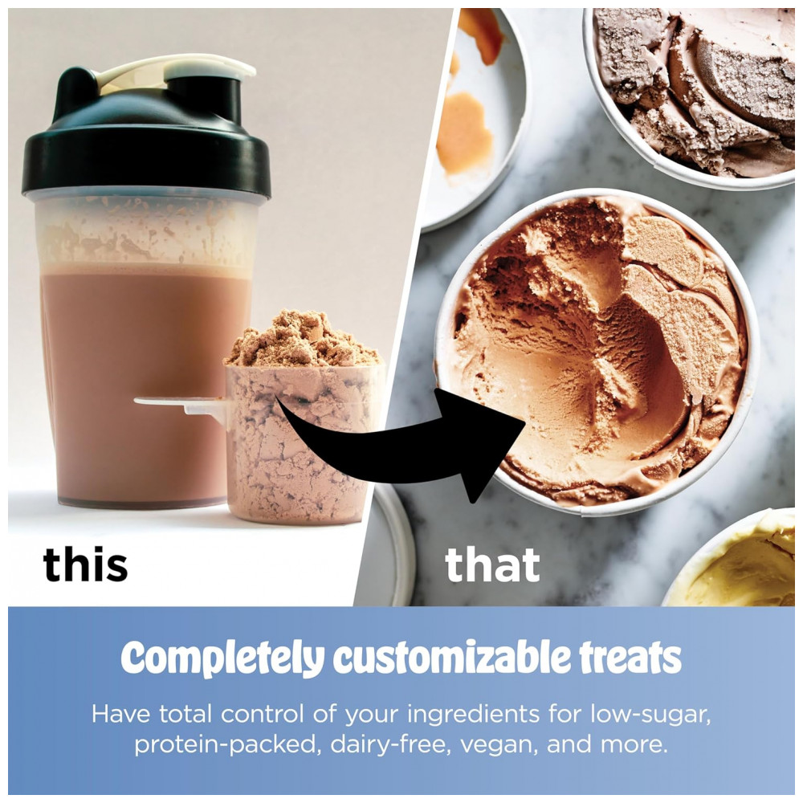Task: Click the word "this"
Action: [x=85, y=565]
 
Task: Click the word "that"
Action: [x=492, y=565]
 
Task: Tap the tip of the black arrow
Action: [x=525, y=422]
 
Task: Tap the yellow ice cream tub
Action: [x=737, y=560]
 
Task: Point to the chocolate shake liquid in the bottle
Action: [x=138, y=384]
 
